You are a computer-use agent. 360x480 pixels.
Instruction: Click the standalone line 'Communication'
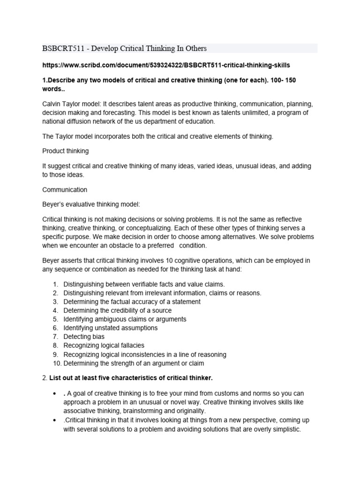(64, 190)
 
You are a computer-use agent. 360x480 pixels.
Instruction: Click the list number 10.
(56, 363)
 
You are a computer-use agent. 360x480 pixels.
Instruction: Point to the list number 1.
(55, 284)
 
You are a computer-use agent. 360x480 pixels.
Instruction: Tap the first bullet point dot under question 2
(56, 393)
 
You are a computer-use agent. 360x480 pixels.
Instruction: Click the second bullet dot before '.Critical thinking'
(56, 420)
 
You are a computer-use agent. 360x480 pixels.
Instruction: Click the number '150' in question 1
(290, 80)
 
